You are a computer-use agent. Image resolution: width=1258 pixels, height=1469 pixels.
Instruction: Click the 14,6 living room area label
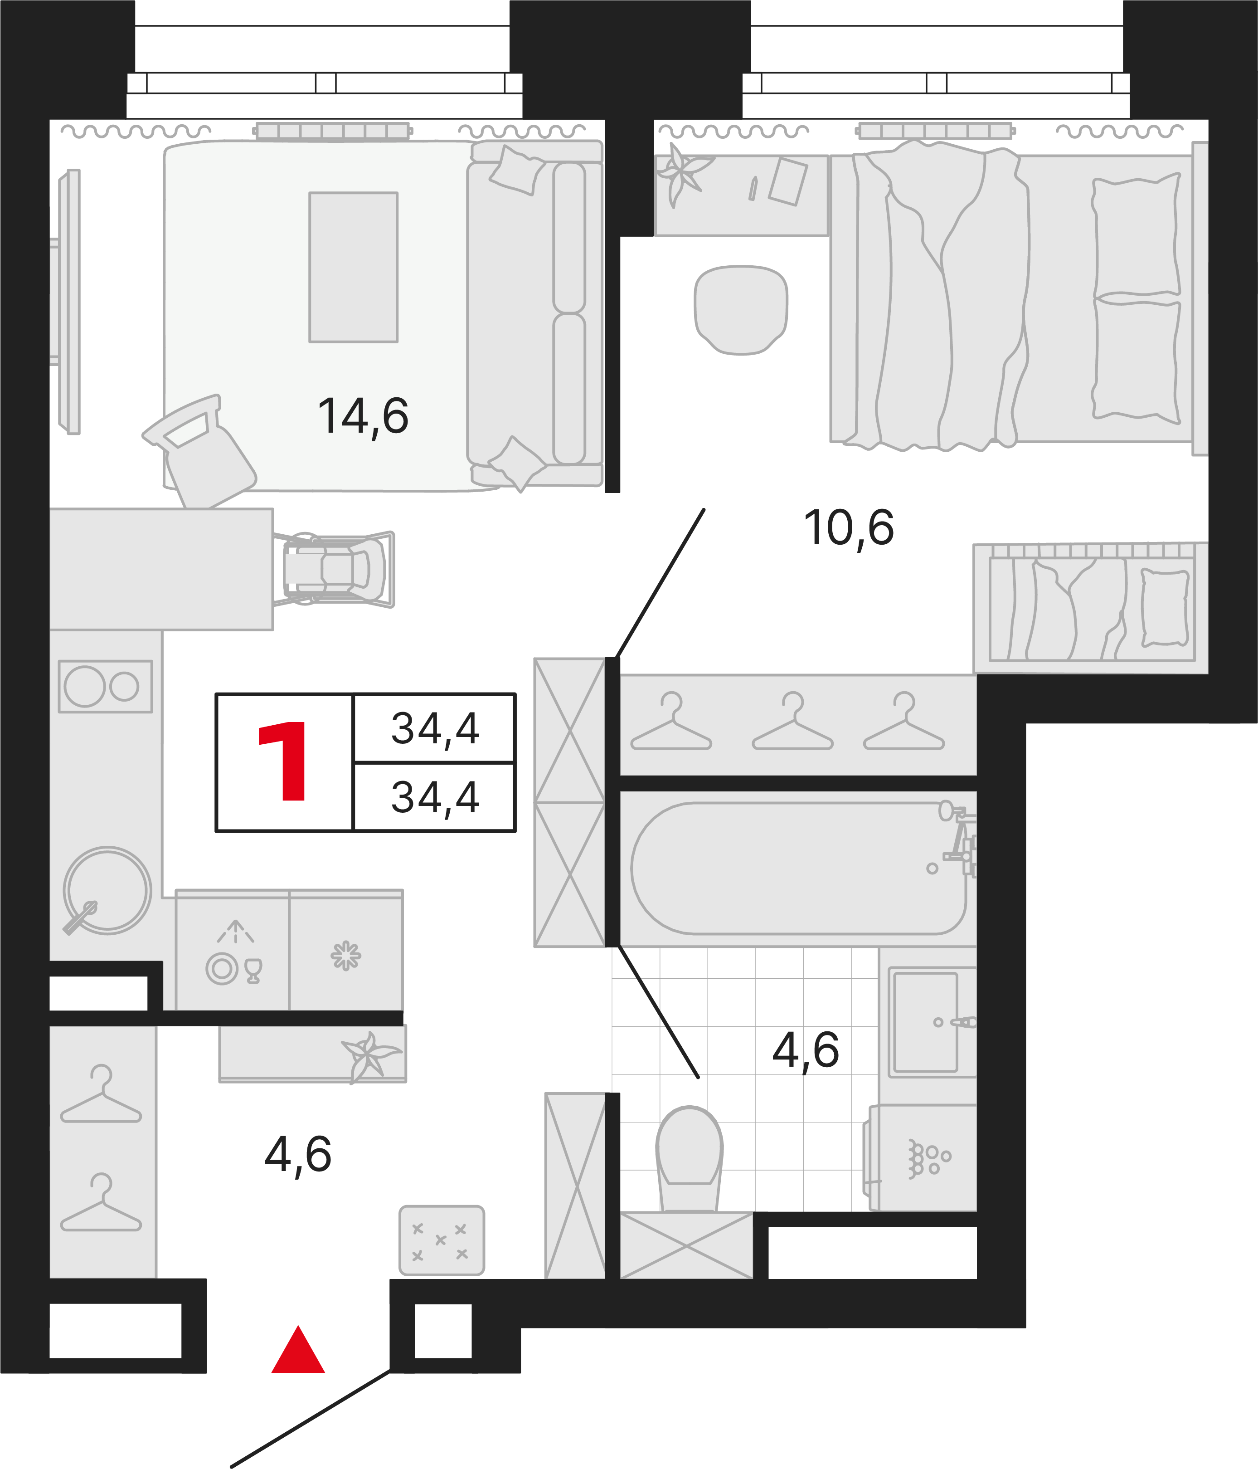(x=363, y=417)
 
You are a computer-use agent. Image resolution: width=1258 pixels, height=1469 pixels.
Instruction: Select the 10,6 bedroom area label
(x=848, y=529)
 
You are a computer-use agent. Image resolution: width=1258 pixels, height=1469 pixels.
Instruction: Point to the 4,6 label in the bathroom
(x=806, y=1051)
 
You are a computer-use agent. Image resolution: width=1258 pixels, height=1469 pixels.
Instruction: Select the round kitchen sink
(x=107, y=890)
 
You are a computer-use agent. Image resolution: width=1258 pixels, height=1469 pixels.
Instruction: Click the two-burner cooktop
(x=105, y=686)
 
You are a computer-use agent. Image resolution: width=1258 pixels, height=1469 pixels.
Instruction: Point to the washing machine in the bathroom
(x=919, y=1158)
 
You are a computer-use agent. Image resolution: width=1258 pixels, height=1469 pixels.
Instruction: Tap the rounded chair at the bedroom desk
(x=741, y=310)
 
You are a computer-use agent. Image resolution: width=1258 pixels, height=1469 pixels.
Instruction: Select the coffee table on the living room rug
(x=353, y=267)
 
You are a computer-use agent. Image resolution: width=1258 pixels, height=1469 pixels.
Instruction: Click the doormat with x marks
(x=442, y=1241)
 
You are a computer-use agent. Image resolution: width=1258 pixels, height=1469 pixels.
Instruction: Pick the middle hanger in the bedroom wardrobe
(x=792, y=721)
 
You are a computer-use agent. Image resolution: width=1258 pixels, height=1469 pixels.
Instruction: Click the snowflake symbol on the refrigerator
(x=346, y=956)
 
